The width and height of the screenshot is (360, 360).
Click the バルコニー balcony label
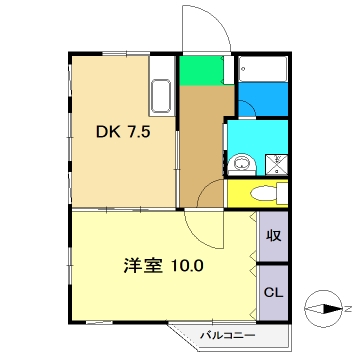(223, 335)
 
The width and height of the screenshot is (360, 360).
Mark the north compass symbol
(325, 309)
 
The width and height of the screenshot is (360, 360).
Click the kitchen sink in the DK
(161, 99)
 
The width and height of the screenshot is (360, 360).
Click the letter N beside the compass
(350, 309)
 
